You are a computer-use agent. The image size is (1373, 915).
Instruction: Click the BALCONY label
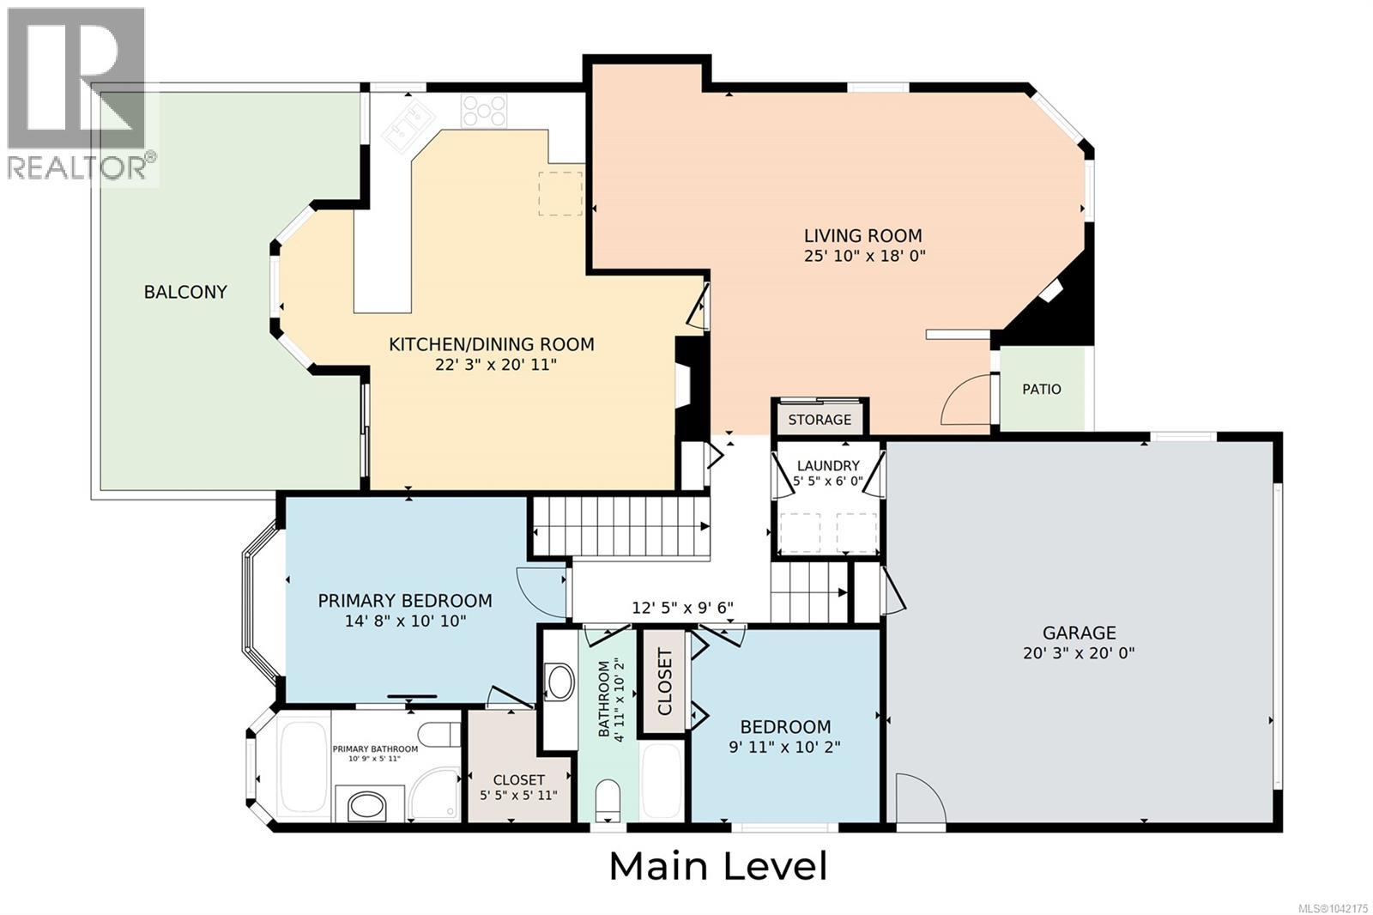click(x=185, y=292)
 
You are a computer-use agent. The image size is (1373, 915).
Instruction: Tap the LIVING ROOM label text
click(x=863, y=235)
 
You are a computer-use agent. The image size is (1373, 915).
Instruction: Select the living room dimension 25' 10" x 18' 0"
click(x=864, y=256)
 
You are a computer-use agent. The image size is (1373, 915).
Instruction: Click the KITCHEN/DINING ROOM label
click(x=492, y=345)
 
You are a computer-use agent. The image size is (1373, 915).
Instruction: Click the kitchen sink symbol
click(x=408, y=121)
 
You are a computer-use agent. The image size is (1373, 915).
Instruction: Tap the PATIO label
click(x=1042, y=389)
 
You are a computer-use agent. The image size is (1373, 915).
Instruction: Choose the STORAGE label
click(x=820, y=420)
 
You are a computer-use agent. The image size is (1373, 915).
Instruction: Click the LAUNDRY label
click(x=828, y=465)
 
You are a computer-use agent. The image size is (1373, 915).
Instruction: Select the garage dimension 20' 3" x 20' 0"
click(x=1079, y=653)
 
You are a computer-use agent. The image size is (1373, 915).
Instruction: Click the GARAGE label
click(x=1080, y=633)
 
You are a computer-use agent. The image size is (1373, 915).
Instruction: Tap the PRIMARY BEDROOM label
click(x=404, y=600)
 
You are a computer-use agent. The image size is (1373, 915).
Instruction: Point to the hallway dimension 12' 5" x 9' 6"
click(x=683, y=608)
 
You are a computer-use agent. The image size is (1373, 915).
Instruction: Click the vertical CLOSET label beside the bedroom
click(x=665, y=682)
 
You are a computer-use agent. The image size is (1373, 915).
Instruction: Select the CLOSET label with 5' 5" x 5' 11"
click(x=518, y=779)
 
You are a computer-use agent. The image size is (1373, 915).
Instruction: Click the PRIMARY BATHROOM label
click(x=375, y=748)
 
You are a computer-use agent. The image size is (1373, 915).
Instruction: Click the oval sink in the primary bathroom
click(x=366, y=805)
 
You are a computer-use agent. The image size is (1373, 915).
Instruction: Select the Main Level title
click(x=718, y=867)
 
